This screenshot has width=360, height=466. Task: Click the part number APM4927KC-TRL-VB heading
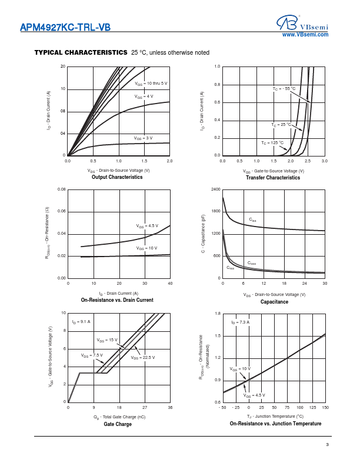[65, 26]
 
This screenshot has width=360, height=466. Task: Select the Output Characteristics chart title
[117, 177]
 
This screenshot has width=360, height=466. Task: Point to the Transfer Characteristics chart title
[273, 178]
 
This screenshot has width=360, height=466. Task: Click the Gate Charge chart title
[118, 424]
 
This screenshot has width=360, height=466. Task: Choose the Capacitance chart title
[274, 302]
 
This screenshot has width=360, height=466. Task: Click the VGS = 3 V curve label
[143, 138]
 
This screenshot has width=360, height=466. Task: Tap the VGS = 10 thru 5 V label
[151, 84]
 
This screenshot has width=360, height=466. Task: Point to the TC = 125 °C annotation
[272, 142]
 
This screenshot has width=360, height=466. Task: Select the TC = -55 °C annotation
[284, 88]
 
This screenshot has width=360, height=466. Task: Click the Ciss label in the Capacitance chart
[252, 220]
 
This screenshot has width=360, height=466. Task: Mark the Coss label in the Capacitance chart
[251, 263]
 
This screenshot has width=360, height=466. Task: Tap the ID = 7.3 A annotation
[240, 322]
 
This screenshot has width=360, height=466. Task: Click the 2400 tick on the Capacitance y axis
[215, 189]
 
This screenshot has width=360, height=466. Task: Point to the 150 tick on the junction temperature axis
[325, 407]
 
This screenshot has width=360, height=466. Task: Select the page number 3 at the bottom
[327, 444]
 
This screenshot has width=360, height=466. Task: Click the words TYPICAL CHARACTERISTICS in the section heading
[81, 52]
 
